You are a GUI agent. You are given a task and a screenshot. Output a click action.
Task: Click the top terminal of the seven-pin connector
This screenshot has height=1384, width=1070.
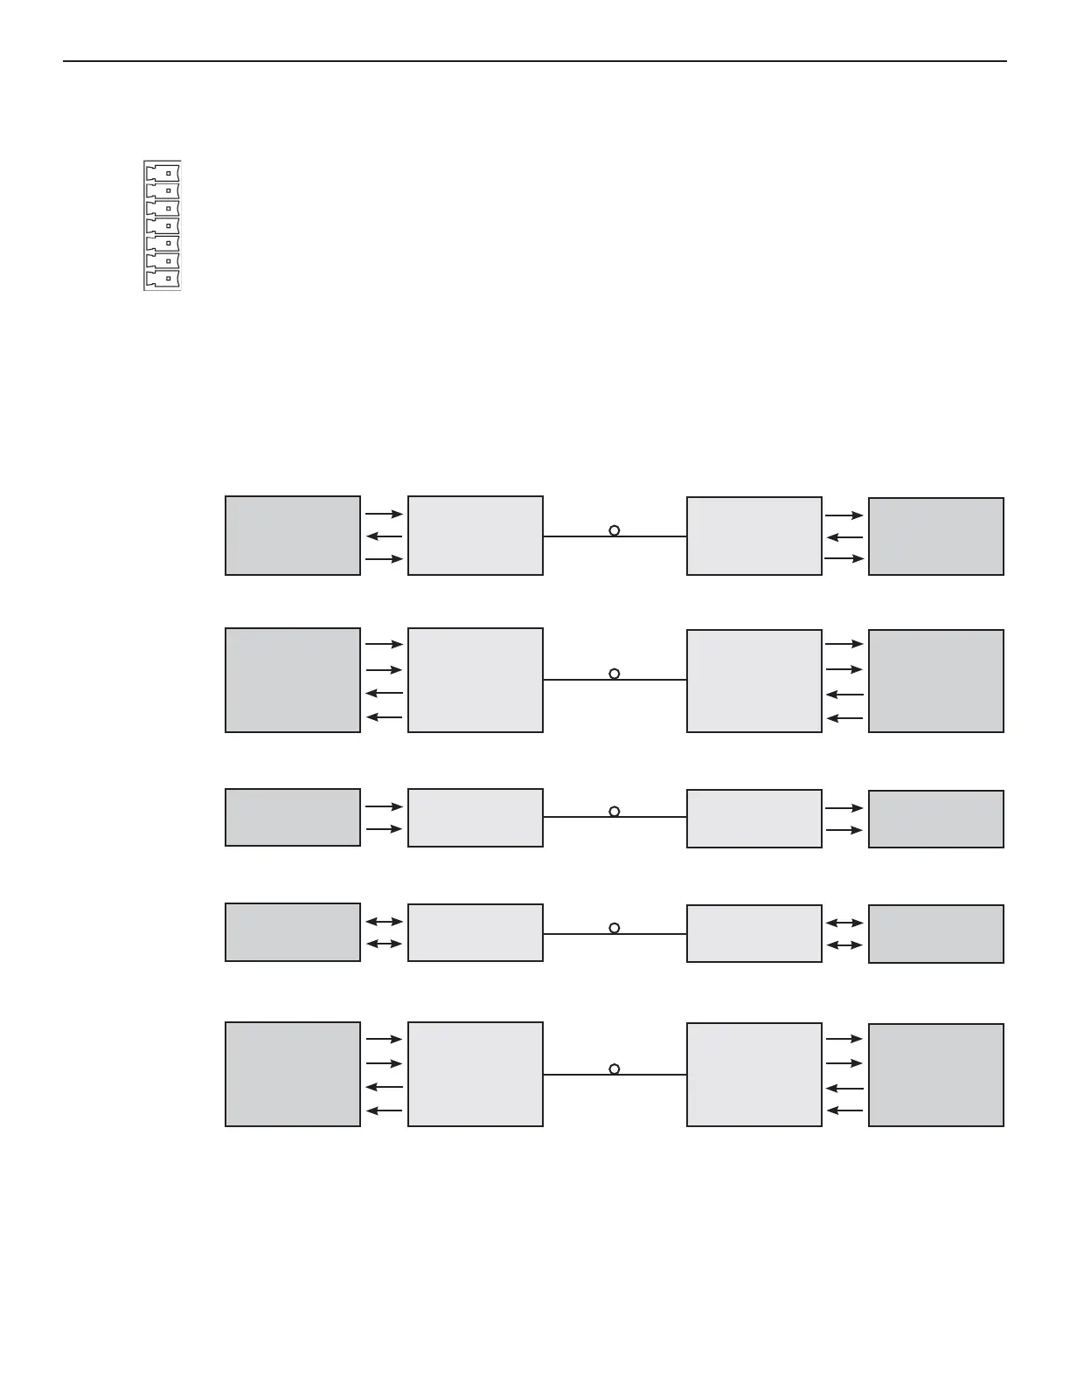point(163,171)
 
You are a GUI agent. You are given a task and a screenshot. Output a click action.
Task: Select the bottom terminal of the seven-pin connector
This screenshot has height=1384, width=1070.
point(163,279)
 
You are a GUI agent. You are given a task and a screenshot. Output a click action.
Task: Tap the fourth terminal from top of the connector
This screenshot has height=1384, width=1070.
point(163,225)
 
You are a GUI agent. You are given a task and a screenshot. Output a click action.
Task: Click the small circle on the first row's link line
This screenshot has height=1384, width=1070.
point(615,530)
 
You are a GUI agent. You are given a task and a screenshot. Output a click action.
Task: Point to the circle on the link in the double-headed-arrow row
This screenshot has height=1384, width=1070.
point(615,928)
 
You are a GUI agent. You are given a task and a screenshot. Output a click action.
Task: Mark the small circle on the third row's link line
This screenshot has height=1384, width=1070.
point(615,812)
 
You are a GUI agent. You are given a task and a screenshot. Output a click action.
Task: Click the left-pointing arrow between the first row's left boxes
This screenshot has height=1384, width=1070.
point(384,536)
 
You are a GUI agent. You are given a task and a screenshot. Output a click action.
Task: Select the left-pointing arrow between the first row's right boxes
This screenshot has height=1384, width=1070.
point(844,538)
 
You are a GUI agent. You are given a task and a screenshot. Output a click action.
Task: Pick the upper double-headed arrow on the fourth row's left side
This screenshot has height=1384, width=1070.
point(384,921)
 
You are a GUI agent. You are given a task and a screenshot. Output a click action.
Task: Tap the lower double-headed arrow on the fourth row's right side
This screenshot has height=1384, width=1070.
point(844,945)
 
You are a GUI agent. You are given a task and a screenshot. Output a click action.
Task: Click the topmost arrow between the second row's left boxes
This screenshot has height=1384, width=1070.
point(384,644)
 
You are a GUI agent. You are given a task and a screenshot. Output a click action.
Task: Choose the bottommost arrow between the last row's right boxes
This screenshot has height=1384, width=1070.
point(844,1111)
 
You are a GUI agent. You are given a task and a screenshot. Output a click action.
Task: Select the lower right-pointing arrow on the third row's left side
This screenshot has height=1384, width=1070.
point(384,828)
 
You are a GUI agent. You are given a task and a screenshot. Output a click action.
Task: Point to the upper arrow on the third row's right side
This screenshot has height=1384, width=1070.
point(844,808)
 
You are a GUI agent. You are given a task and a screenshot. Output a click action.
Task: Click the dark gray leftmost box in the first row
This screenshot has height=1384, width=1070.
point(293,536)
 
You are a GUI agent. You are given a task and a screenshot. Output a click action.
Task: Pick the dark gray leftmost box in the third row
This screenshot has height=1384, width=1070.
point(293,818)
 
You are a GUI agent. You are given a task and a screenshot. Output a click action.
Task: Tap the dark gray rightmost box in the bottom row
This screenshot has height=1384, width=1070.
point(935,1075)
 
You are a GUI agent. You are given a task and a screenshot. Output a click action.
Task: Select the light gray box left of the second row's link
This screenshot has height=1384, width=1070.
point(476,680)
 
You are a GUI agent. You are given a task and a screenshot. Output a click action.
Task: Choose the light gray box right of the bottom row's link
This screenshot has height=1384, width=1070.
point(754,1075)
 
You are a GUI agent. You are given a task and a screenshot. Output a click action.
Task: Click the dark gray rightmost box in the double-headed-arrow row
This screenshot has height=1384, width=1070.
point(935,934)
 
